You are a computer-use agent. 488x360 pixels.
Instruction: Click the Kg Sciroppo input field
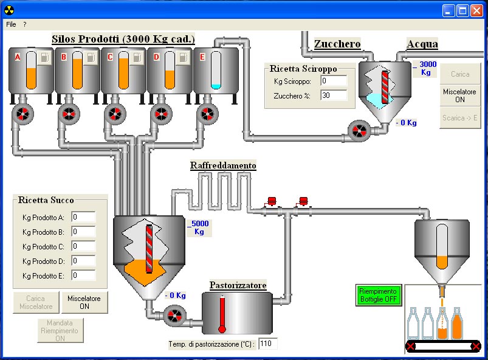pyautogui.click(x=334, y=81)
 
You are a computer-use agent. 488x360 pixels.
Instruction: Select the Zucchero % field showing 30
pyautogui.click(x=334, y=95)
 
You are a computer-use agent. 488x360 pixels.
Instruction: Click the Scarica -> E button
pyautogui.click(x=460, y=117)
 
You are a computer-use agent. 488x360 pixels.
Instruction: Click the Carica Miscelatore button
pyautogui.click(x=36, y=302)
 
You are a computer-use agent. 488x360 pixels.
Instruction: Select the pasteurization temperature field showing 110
pyautogui.click(x=267, y=344)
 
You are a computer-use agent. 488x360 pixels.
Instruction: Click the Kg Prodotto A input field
pyautogui.click(x=83, y=217)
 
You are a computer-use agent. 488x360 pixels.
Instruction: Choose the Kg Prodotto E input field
pyautogui.click(x=83, y=275)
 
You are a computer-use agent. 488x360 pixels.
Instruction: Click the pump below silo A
pyautogui.click(x=22, y=114)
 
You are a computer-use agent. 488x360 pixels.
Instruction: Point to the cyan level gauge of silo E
pyautogui.click(x=216, y=72)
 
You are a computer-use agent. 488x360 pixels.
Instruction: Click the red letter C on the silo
pyautogui.click(x=110, y=57)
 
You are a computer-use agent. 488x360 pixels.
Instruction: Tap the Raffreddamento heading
pyautogui.click(x=223, y=165)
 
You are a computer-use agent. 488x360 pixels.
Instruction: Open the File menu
pyautogui.click(x=11, y=24)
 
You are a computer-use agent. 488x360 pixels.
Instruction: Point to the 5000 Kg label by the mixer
pyautogui.click(x=199, y=227)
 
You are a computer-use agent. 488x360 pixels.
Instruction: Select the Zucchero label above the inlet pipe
pyautogui.click(x=337, y=44)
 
